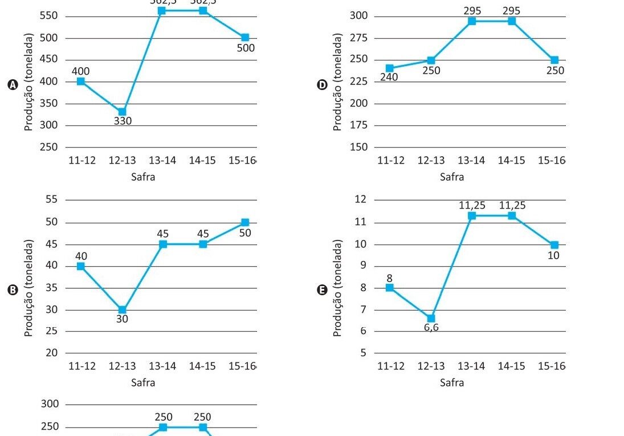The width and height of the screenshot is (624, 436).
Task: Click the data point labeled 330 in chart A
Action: (x=122, y=112)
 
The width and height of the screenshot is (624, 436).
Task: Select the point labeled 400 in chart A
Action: (x=81, y=82)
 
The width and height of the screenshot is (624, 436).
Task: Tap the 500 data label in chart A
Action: (x=246, y=48)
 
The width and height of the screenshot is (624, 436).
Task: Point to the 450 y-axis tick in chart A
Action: (x=48, y=60)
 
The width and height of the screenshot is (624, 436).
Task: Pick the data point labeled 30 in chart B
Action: (x=122, y=310)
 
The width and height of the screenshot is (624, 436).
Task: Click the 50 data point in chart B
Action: (x=245, y=222)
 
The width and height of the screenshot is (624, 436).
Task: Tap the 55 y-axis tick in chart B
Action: (x=51, y=199)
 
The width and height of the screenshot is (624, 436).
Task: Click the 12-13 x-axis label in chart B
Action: (x=123, y=366)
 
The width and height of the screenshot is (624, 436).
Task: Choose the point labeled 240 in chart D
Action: (x=390, y=68)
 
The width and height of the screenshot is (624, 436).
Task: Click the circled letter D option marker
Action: (x=322, y=85)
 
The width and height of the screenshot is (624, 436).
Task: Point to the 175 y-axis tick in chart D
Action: (x=359, y=125)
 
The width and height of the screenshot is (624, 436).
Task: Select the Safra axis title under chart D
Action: (x=452, y=177)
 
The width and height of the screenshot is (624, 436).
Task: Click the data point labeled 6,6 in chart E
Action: (x=431, y=318)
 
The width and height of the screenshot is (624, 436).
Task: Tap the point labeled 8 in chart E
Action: (x=390, y=287)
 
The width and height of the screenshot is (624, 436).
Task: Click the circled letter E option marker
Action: (x=322, y=290)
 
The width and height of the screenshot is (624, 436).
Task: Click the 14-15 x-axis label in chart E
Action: (x=511, y=366)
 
